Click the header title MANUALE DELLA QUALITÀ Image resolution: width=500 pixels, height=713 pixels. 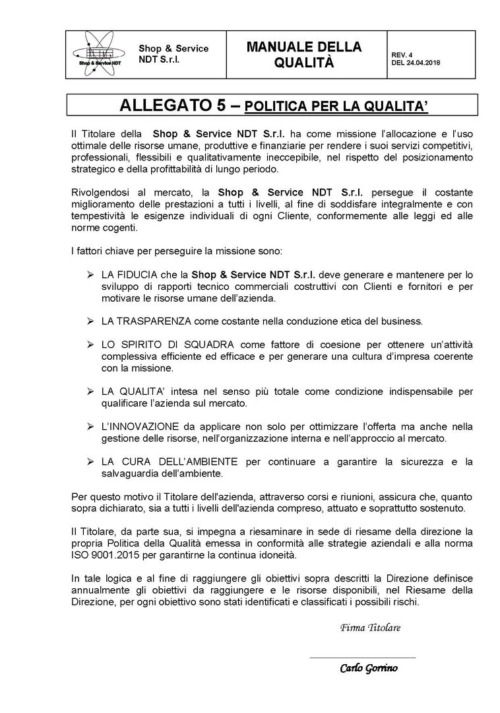304,54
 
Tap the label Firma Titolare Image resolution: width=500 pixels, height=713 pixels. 370,627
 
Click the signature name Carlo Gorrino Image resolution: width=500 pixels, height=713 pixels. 369,668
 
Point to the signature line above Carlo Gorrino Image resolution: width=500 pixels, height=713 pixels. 362,658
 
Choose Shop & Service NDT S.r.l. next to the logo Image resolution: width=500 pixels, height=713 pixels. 173,53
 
